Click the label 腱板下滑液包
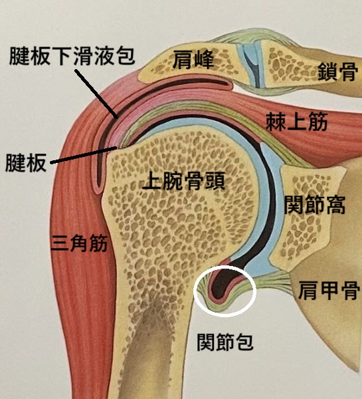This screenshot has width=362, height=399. pos(72,56)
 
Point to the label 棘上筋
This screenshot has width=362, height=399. pos(297,122)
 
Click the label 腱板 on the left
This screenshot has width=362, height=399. pos(26,162)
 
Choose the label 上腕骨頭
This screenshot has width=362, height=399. pos(184,181)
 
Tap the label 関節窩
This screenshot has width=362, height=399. pos(314,204)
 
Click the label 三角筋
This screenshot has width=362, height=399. pos(79,243)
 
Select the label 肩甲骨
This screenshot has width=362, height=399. pos(329,290)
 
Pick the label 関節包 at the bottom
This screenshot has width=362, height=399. pos(225,342)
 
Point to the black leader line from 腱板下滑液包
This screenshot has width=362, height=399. pos(96,94)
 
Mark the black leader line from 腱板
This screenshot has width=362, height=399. pos(84,155)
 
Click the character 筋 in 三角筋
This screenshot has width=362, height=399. pos(98,243)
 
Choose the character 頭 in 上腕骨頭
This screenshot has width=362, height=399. pos(215,181)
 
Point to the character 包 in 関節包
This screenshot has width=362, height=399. pos(244,342)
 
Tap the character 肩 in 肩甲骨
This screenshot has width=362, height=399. pos(308,290)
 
